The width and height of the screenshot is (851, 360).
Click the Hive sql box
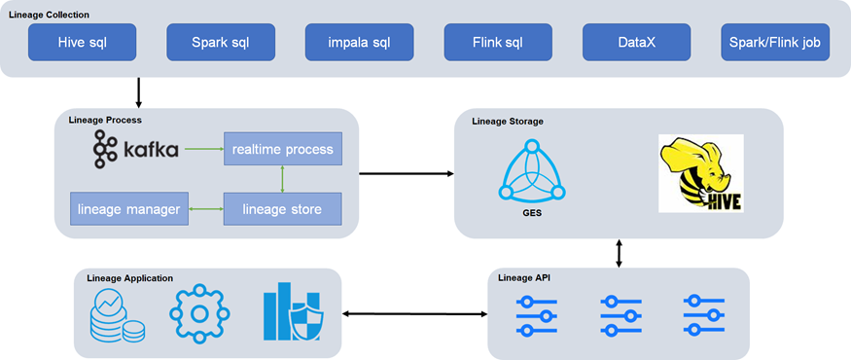tap(82, 42)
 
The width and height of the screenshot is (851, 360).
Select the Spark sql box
tap(221, 42)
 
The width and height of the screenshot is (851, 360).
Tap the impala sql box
tap(359, 42)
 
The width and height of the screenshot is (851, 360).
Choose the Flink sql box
tap(498, 42)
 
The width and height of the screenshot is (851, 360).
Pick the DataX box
tap(637, 42)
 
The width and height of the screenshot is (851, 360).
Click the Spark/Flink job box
tap(775, 42)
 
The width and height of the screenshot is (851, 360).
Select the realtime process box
tap(283, 149)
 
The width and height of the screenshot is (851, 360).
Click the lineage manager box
tap(129, 208)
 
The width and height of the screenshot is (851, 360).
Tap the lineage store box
tap(283, 208)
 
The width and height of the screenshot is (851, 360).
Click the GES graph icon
tap(532, 169)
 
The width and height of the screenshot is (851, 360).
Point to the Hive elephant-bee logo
tap(700, 173)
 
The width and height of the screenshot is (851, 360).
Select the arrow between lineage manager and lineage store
tap(205, 208)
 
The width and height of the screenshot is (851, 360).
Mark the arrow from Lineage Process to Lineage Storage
tap(406, 173)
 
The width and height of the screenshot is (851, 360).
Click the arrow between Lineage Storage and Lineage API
tap(619, 253)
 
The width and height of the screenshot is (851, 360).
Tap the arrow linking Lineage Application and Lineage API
tap(415, 314)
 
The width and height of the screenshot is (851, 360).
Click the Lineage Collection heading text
tap(50, 15)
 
